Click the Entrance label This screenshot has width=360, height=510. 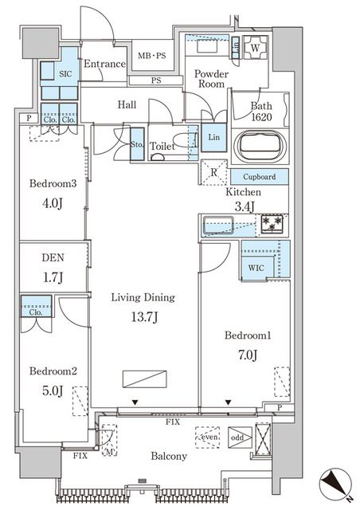point(104,64)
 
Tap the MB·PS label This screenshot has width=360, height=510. point(151,56)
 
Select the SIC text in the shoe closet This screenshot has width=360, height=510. point(65,74)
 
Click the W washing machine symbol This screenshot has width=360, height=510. point(256,48)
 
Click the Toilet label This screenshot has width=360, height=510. point(162,146)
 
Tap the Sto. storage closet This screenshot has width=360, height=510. point(137,143)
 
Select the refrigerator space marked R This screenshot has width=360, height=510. point(214,172)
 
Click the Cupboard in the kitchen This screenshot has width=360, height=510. point(260,177)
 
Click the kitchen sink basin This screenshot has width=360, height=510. point(218,226)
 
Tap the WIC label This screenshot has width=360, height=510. point(256,268)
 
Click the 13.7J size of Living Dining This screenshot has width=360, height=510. point(144,316)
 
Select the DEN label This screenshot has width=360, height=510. point(53,257)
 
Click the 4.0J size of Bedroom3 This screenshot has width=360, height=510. point(53,204)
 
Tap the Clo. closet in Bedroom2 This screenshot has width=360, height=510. point(36,306)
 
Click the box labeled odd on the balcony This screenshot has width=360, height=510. point(240,437)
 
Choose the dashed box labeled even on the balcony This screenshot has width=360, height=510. point(208,437)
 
